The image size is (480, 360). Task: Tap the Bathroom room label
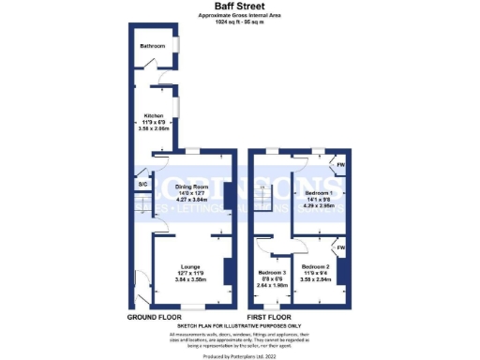tap(153, 45)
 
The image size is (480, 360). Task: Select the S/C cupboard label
tap(142, 185)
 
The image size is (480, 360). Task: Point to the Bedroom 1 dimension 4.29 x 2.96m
tap(317, 204)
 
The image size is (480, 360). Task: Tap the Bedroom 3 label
tap(273, 273)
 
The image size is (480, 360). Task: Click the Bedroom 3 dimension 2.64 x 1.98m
tap(273, 286)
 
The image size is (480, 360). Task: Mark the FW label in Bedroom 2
tap(340, 248)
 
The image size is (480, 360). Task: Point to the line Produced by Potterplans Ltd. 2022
tap(239, 355)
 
